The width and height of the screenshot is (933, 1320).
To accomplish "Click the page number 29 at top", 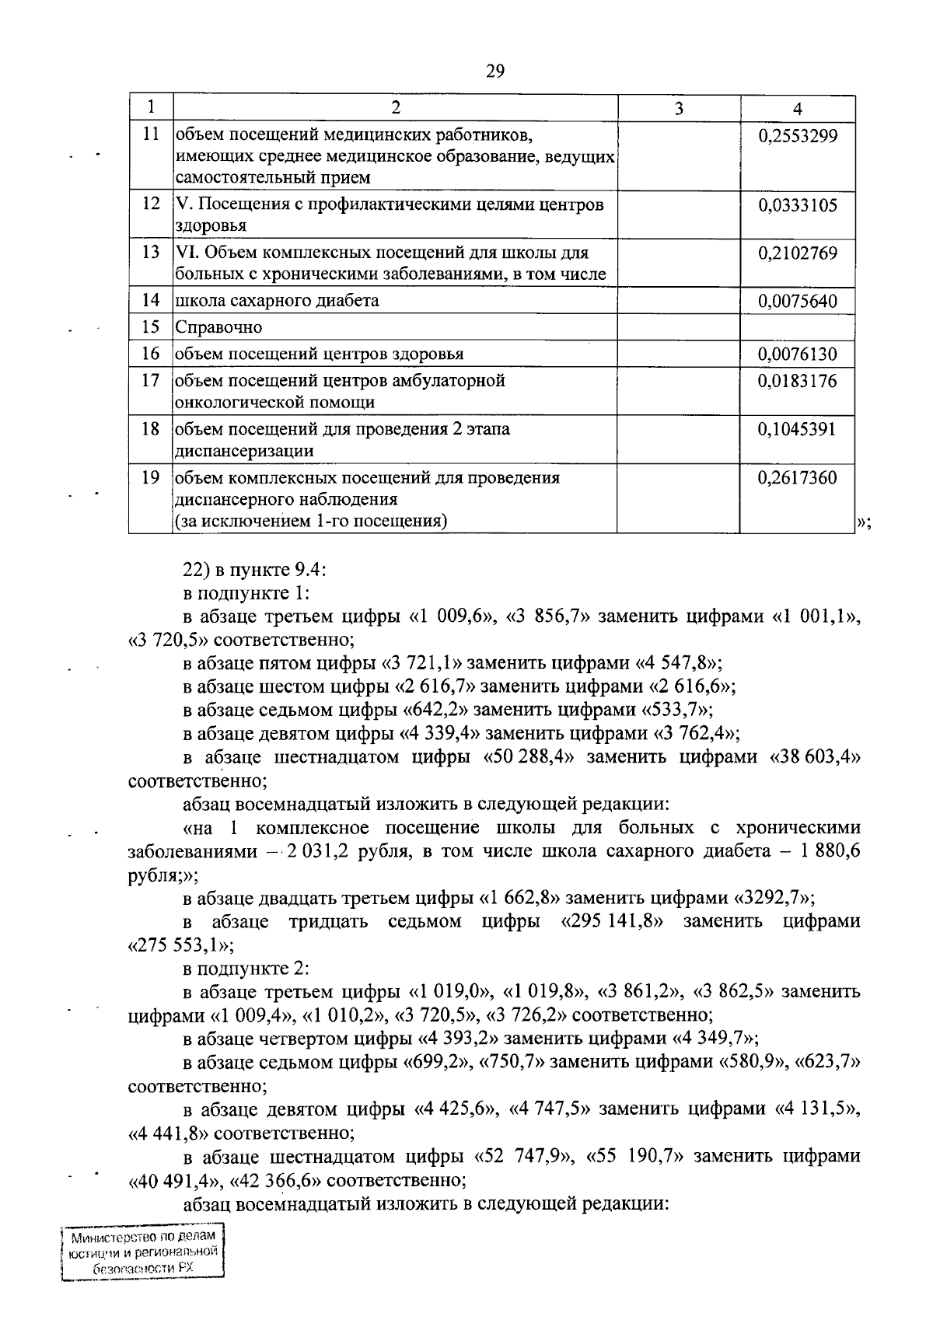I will [495, 72].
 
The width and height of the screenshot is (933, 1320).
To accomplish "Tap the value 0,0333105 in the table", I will [797, 205].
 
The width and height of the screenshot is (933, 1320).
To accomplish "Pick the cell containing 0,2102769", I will [797, 253].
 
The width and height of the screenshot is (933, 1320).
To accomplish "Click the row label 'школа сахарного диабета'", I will [278, 301].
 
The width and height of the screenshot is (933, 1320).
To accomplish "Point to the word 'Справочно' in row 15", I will [218, 327].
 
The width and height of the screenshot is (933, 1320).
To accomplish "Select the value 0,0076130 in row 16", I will [797, 354].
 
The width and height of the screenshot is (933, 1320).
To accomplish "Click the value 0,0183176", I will [797, 381].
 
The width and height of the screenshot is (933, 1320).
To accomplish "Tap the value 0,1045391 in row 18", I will [797, 429].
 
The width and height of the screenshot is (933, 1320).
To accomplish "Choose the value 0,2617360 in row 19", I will [797, 477].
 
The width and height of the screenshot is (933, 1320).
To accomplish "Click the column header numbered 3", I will [678, 109].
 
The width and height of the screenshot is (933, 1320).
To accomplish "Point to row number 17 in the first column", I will [151, 381].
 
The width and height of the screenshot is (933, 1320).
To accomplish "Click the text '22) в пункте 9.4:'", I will [256, 570].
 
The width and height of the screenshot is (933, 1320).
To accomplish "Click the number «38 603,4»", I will [814, 757].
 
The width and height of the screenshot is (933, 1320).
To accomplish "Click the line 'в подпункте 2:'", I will [246, 969].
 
